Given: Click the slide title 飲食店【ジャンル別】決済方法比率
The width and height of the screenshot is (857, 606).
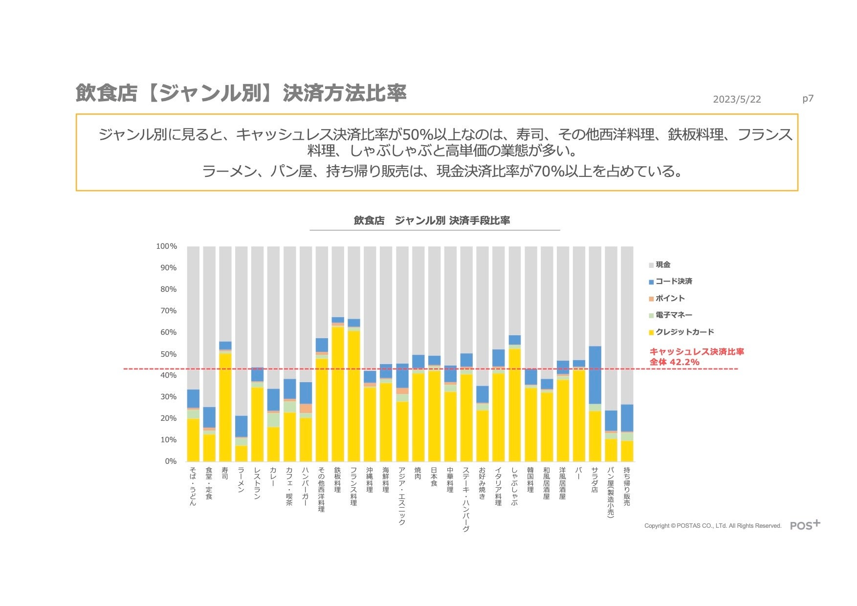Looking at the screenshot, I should (241, 93).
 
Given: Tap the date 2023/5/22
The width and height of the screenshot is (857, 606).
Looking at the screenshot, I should (737, 99).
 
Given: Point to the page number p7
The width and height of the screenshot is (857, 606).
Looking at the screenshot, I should (808, 99).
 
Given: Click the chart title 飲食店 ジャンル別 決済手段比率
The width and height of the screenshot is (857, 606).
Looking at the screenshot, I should (432, 220).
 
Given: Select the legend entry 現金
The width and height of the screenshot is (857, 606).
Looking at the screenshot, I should (662, 265).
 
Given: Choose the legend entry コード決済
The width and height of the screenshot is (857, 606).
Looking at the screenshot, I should (673, 281).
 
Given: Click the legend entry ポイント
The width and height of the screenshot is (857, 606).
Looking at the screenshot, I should (670, 298).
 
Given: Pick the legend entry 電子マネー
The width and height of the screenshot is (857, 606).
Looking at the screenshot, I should (673, 315).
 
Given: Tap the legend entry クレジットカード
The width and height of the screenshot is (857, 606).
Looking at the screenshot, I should (684, 332).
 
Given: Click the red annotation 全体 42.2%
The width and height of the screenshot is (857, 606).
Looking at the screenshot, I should (674, 362).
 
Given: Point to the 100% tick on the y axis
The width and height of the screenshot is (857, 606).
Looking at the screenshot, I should (166, 246).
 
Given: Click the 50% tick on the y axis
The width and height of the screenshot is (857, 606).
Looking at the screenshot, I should (169, 354).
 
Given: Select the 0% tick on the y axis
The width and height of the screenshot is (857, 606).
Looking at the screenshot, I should (171, 461).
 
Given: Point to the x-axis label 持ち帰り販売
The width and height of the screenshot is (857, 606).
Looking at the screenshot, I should (627, 486).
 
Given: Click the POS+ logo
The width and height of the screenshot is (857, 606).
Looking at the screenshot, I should (805, 525).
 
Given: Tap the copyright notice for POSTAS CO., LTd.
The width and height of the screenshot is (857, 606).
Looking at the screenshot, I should (713, 526).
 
